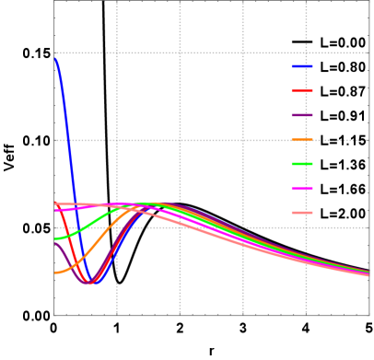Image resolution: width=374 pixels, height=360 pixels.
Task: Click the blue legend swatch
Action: click(x=302, y=66)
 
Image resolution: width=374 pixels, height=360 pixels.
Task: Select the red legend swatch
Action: click(x=302, y=90)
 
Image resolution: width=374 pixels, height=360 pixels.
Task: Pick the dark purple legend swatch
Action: click(x=302, y=115)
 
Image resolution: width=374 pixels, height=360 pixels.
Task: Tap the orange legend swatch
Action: click(x=302, y=140)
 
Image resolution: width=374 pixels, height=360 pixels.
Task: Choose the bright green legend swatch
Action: click(x=302, y=164)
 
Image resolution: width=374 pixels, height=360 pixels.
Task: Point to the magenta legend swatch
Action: click(x=302, y=188)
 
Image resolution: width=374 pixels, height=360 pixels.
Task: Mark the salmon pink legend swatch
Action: click(x=302, y=213)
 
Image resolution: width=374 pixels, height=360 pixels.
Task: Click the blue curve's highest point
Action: click(x=56, y=57)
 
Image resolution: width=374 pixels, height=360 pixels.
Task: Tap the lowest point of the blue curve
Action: click(x=92, y=284)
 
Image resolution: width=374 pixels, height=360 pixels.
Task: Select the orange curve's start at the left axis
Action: click(x=55, y=273)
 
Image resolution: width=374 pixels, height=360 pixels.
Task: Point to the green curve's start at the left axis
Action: click(x=55, y=238)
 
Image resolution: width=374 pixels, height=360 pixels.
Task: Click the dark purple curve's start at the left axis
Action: click(x=55, y=243)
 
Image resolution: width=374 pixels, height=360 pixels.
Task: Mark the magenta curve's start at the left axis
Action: click(x=55, y=210)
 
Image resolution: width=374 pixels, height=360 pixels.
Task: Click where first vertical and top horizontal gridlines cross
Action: click(x=117, y=52)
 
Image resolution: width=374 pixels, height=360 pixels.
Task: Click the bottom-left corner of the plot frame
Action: click(x=54, y=315)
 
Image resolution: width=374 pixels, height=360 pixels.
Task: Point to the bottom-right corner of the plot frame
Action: click(x=368, y=315)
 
